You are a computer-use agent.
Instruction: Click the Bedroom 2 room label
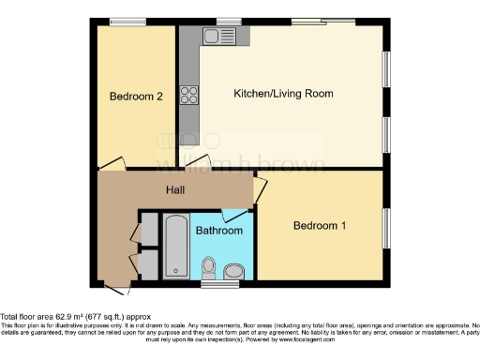tap(136, 96)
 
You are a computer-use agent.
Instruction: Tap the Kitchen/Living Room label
tap(283, 94)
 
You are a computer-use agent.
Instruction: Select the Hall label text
tap(175, 190)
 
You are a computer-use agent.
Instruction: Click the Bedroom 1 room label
tap(320, 226)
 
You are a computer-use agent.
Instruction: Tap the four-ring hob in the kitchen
tap(189, 94)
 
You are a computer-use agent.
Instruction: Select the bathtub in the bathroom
tap(176, 246)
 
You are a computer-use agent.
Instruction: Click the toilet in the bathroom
tap(210, 268)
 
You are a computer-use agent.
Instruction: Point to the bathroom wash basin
tap(232, 271)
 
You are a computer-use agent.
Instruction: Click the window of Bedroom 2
tap(127, 22)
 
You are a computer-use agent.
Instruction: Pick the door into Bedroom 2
tap(110, 166)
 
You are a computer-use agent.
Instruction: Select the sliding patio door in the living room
tap(322, 21)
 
